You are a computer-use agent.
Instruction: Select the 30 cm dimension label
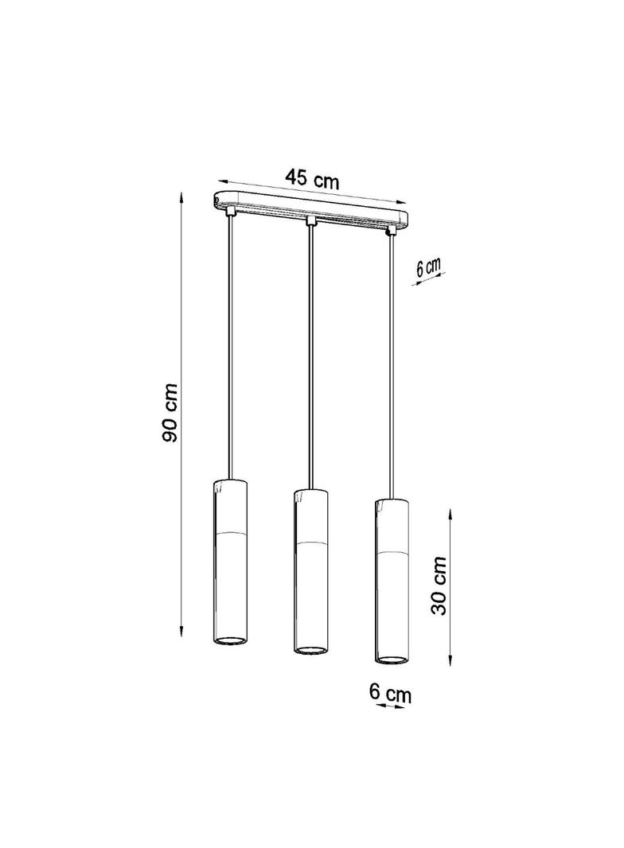click(439, 585)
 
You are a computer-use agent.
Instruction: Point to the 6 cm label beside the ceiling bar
click(429, 268)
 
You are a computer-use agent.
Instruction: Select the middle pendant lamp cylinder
click(310, 570)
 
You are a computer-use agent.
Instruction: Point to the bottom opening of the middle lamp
click(310, 648)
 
